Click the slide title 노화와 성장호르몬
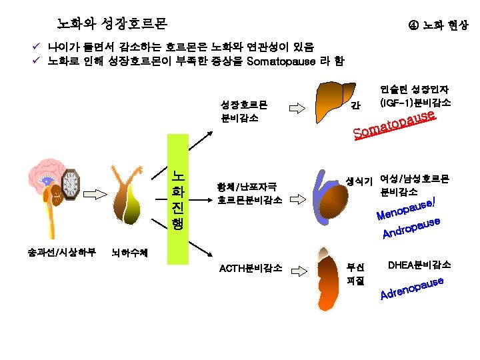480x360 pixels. coord(111,24)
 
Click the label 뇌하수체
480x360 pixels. coord(131,253)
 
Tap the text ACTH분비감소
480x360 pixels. coord(250,269)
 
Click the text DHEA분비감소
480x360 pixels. coord(419,265)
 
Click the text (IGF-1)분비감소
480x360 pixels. coord(415,103)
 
